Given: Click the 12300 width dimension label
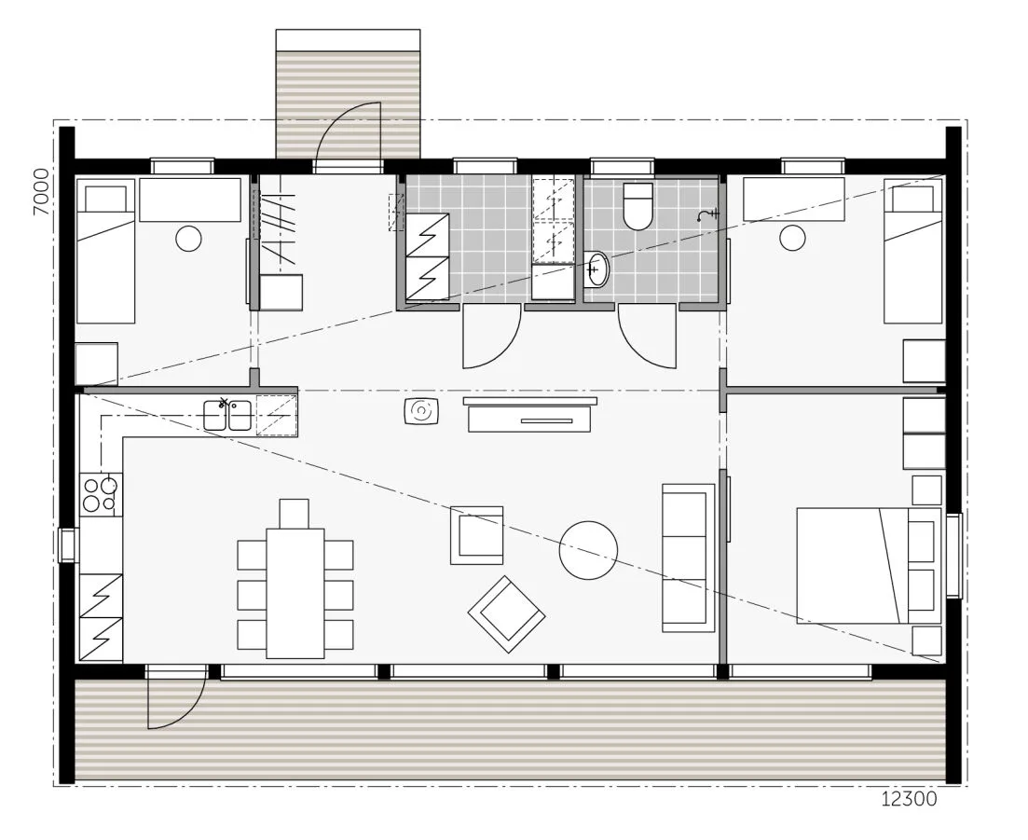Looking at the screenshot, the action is pos(909,799).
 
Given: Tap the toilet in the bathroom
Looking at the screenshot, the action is pos(637,207).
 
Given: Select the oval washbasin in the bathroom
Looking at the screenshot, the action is pos(596,269).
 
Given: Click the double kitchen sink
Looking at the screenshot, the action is pos(226,415).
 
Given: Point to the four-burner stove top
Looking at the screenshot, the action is pos(101,494).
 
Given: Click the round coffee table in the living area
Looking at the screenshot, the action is pos(588,550).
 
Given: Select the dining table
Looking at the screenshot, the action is pos(295,594).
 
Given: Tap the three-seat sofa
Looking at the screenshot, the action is pos(689,558).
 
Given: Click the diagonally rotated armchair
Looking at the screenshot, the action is pos(507,614).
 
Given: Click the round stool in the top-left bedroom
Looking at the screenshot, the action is pos(189,239).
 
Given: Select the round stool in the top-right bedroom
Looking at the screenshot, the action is pos(792,238).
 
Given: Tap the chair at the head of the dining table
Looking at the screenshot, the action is pos(294,514).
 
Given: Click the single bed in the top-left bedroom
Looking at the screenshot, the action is pos(105,251).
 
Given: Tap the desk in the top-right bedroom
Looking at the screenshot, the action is pos(794,200).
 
